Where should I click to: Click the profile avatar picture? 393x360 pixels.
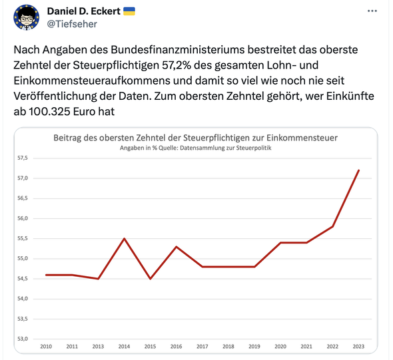coord(27,17)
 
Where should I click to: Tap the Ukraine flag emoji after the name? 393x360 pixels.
coord(129,11)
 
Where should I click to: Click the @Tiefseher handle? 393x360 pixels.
coord(72,24)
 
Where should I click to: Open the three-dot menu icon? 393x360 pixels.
coord(372,11)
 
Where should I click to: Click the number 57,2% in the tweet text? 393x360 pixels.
coord(177,65)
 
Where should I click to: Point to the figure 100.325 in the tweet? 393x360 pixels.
coord(49,112)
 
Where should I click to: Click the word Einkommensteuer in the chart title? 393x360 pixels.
coord(302,138)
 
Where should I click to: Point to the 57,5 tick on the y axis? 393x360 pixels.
coord(23,158)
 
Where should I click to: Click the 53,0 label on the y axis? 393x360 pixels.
coord(23,339)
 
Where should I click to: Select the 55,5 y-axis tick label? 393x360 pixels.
coord(23,239)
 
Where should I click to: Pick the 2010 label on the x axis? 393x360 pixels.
coord(46,347)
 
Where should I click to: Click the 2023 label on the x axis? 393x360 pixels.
coord(358,347)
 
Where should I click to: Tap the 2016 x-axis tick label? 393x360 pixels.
coord(177,347)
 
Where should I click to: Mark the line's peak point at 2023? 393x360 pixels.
coord(358,170)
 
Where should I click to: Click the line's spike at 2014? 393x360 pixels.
coord(124,239)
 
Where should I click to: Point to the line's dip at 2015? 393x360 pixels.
coord(150,279)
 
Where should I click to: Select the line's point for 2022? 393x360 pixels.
coord(332,226)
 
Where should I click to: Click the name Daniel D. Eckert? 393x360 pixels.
coord(84,11)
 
